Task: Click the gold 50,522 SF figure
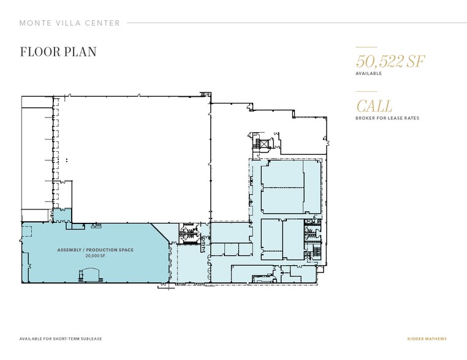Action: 390,62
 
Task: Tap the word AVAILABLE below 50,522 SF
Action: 369,73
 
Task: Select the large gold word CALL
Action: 374,106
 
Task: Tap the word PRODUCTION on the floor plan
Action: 101,250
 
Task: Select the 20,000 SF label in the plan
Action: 95,257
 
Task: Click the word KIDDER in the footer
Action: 416,339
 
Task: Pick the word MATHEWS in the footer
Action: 438,339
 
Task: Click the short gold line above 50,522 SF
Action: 366,47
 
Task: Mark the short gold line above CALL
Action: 366,92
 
